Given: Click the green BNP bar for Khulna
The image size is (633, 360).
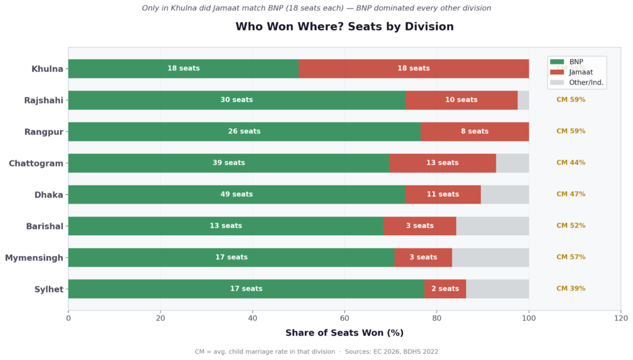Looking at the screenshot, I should pos(184,69).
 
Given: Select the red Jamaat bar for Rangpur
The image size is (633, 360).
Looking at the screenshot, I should pos(475,131).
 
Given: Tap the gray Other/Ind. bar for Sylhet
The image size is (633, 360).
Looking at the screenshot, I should pos(498,289).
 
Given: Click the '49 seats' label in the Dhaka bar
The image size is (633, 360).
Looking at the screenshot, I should pos(237,194).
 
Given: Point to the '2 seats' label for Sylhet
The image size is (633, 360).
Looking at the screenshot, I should pos(445,289).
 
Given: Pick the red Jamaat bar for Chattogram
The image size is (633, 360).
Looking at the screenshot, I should pos(443,163).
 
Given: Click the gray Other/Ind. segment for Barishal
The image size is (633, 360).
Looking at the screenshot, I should pos(493,226).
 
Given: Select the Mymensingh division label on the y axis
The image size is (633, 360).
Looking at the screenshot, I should pos(34,257).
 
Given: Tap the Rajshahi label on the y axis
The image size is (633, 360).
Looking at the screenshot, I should pos(43,100).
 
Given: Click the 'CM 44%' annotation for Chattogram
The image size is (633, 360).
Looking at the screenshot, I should pos(571,163).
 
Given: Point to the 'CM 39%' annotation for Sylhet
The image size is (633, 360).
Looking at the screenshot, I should pos(571,289).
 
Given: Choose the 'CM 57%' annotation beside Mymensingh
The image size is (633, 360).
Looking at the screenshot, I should pos(571,257).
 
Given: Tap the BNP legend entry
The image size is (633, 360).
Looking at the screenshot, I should pos(576,62).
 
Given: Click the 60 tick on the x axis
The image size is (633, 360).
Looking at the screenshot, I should pos(344,318).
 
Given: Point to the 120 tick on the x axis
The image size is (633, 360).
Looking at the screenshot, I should pos(621,318).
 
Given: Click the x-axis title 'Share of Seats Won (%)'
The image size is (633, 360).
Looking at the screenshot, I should pos(344,333).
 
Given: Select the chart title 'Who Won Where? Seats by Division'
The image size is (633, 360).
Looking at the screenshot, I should pos(344,27).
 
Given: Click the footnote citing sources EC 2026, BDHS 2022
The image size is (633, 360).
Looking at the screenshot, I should pos(316,351).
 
